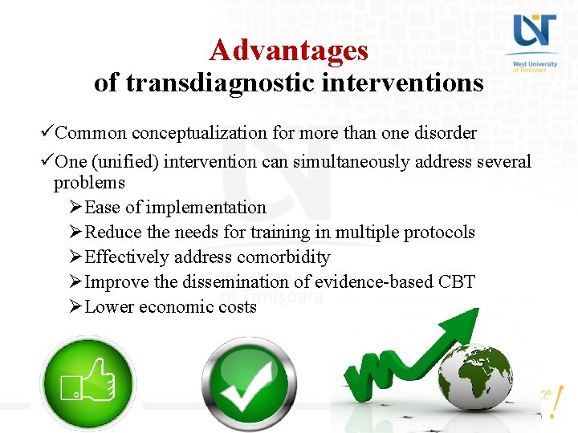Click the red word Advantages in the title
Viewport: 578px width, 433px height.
(x=288, y=51)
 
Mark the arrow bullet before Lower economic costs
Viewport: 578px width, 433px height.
(x=75, y=307)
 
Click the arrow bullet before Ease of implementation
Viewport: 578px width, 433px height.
(x=75, y=208)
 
